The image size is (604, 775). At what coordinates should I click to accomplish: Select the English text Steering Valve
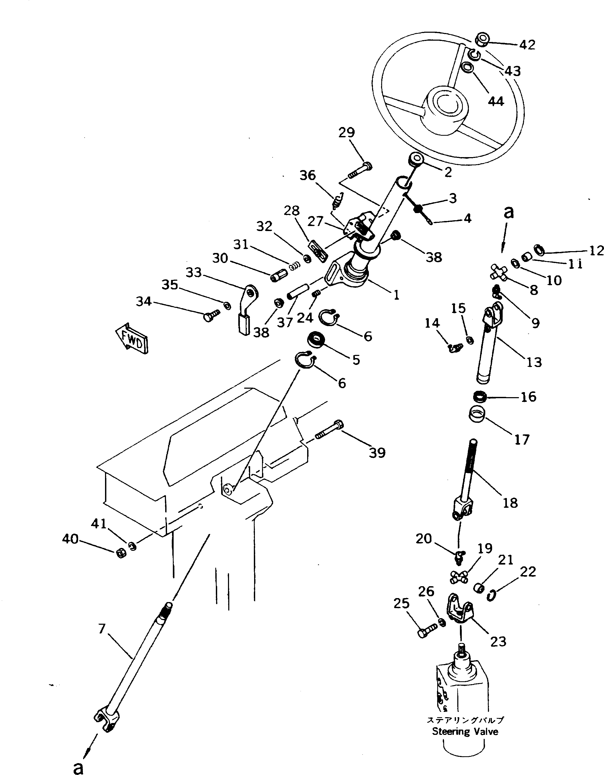pos(465,732)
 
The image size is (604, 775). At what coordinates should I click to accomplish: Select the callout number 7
pos(102,629)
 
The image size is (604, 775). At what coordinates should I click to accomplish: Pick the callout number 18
pos(510,503)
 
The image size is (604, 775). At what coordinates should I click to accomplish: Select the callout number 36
pos(307,175)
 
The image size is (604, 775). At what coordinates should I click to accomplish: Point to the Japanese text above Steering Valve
pos(465,720)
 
